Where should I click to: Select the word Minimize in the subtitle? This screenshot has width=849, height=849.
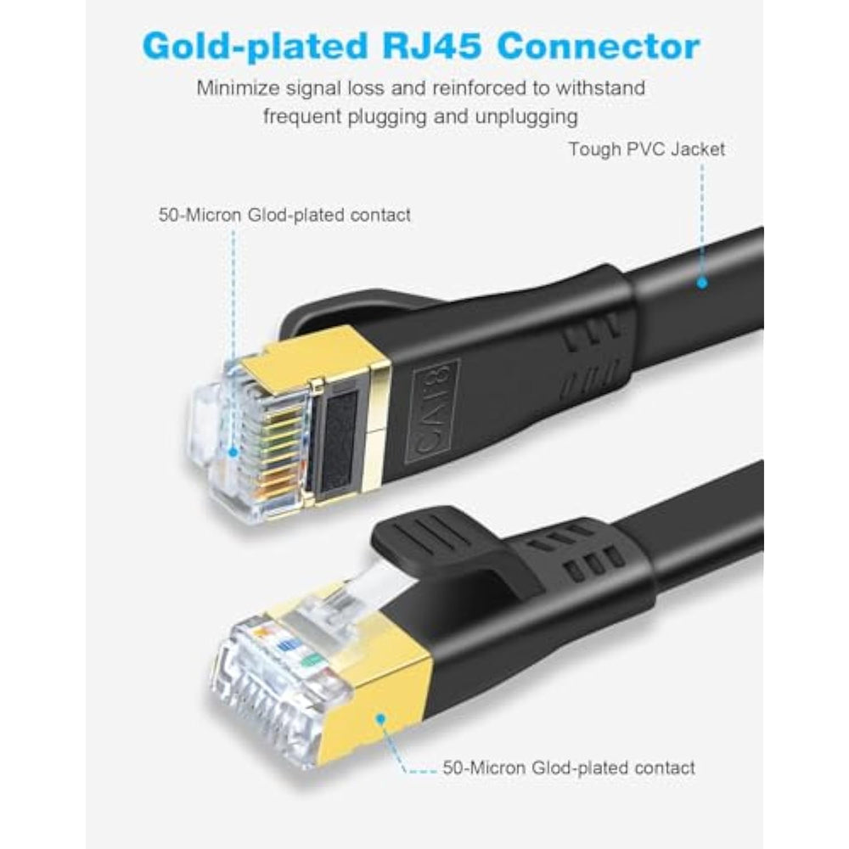(x=235, y=87)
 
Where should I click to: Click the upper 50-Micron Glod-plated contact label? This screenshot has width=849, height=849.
(x=284, y=215)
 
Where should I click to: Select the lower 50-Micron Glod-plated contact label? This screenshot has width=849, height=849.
(x=569, y=767)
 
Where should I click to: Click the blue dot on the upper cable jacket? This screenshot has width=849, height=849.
(x=701, y=284)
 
